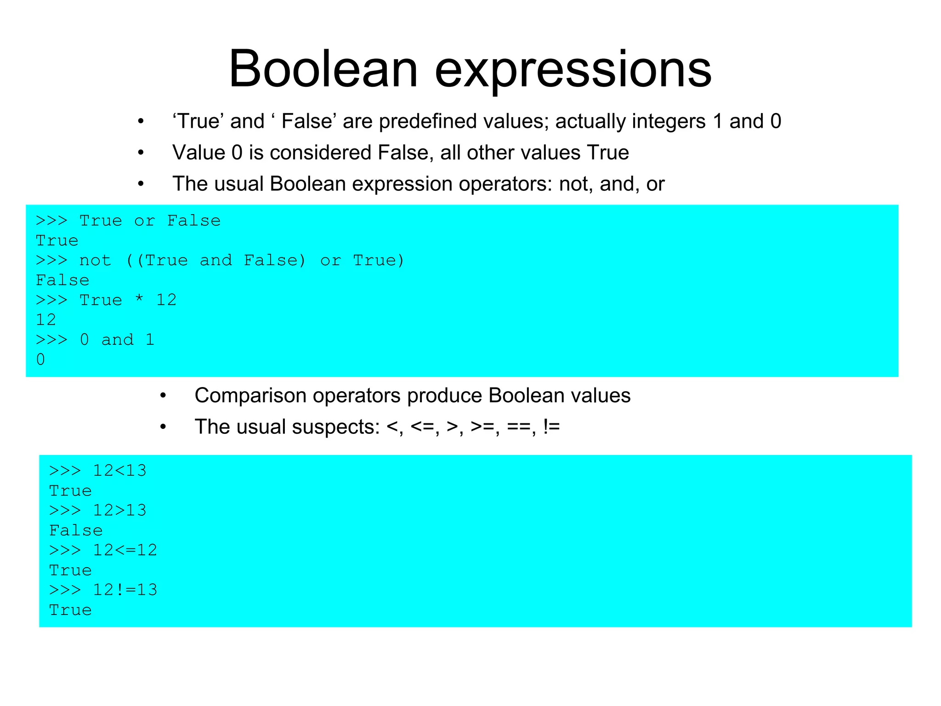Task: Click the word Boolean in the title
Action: [323, 69]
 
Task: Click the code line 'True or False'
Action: [150, 221]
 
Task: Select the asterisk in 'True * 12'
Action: [139, 300]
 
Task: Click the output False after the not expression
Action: [62, 280]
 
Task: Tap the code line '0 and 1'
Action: [117, 340]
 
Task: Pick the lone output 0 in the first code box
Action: [40, 359]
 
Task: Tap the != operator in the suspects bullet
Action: [551, 427]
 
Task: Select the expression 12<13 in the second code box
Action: [119, 471]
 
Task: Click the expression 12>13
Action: [119, 510]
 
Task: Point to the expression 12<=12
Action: [125, 550]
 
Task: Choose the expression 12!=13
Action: [125, 590]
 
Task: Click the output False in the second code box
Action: [76, 530]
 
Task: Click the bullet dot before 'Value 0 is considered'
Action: [141, 153]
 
